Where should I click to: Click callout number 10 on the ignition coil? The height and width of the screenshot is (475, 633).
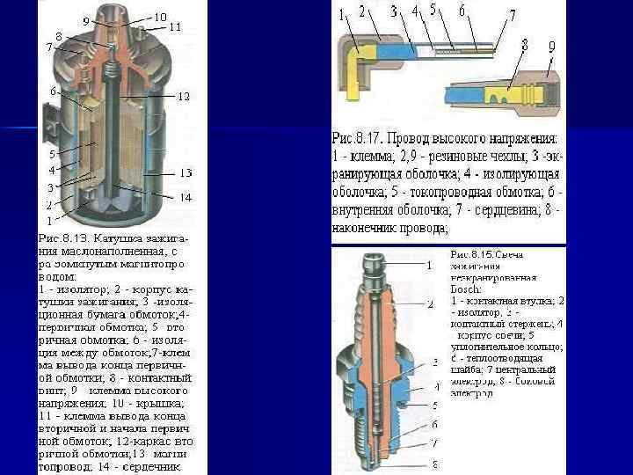pos(160,17)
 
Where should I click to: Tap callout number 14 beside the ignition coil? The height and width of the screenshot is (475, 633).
pos(186,198)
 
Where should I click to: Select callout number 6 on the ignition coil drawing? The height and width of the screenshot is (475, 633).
pos(54,91)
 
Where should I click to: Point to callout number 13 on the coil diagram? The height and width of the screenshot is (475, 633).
pos(186,172)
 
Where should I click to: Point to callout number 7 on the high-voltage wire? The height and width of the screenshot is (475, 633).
pos(512,15)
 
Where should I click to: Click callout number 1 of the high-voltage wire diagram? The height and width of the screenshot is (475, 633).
pos(341,14)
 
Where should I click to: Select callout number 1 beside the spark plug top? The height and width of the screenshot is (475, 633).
pos(429,264)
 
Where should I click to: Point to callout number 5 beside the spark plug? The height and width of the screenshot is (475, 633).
pos(434,404)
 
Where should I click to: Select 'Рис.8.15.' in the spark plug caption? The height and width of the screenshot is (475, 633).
pos(473,254)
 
